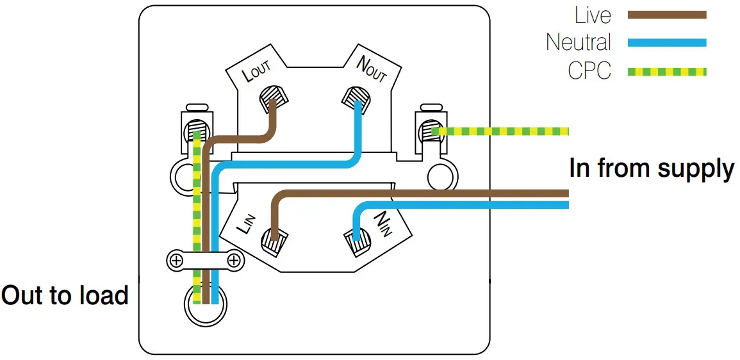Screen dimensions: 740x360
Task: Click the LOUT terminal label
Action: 257,72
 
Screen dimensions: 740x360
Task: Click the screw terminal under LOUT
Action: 274,97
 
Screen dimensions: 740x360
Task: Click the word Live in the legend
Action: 593,15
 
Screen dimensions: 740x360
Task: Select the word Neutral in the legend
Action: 579,42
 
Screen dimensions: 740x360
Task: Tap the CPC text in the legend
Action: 589,72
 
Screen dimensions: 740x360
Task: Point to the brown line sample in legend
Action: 667,15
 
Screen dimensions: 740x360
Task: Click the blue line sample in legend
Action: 667,42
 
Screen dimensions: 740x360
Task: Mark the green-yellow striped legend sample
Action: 667,72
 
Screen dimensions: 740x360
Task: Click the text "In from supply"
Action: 652,169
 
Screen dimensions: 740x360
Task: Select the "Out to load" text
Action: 65,295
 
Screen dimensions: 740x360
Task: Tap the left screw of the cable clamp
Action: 176,260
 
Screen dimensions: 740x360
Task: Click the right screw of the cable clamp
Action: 234,260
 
